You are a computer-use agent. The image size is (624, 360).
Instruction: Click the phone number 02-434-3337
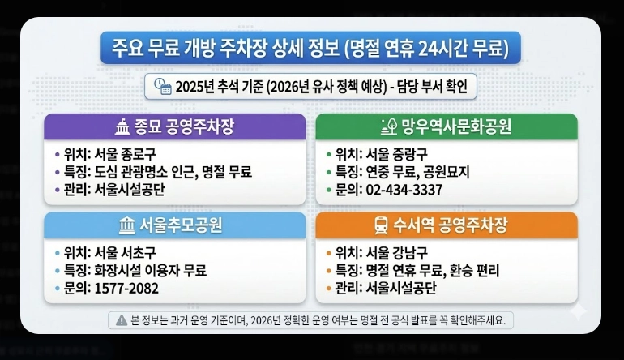[405, 190]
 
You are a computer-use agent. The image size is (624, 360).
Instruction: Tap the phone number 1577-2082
[126, 288]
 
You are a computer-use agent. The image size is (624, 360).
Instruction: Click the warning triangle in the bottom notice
[122, 319]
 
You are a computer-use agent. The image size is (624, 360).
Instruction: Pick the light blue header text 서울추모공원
[180, 225]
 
